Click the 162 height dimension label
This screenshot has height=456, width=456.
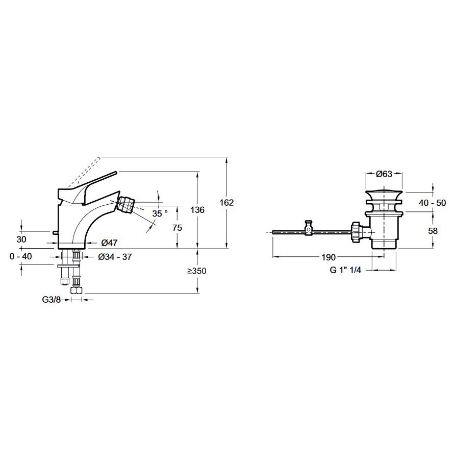pyautogui.click(x=226, y=202)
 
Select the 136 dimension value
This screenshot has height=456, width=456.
pyautogui.click(x=197, y=210)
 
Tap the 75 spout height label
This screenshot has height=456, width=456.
pyautogui.click(x=177, y=228)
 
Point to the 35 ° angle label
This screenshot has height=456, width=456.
pyautogui.click(x=160, y=213)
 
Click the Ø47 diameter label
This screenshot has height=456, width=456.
pyautogui.click(x=109, y=242)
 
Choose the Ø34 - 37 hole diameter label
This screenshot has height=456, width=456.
pyautogui.click(x=115, y=257)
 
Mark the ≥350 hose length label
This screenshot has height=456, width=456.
pyautogui.click(x=196, y=271)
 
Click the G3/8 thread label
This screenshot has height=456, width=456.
pyautogui.click(x=52, y=300)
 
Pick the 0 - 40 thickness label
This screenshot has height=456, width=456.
pyautogui.click(x=20, y=256)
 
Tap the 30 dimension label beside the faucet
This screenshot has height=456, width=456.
pyautogui.click(x=21, y=239)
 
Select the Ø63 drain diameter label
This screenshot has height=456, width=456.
pyautogui.click(x=384, y=174)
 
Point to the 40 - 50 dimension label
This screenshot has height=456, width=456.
pyautogui.click(x=432, y=203)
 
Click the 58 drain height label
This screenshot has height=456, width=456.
pyautogui.click(x=433, y=231)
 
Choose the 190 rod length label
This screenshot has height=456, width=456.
pyautogui.click(x=328, y=257)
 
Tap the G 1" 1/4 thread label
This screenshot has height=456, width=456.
pyautogui.click(x=345, y=270)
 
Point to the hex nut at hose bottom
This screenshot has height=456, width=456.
pyautogui.click(x=77, y=291)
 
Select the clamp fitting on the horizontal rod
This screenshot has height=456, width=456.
pyautogui.click(x=309, y=228)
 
